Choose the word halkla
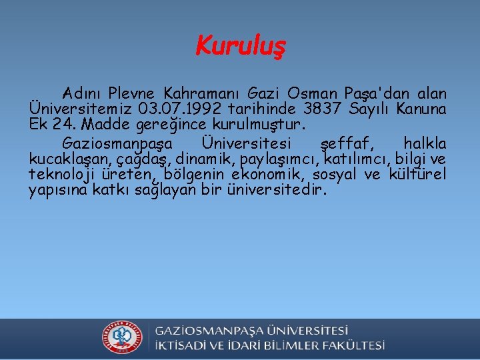click(425, 143)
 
